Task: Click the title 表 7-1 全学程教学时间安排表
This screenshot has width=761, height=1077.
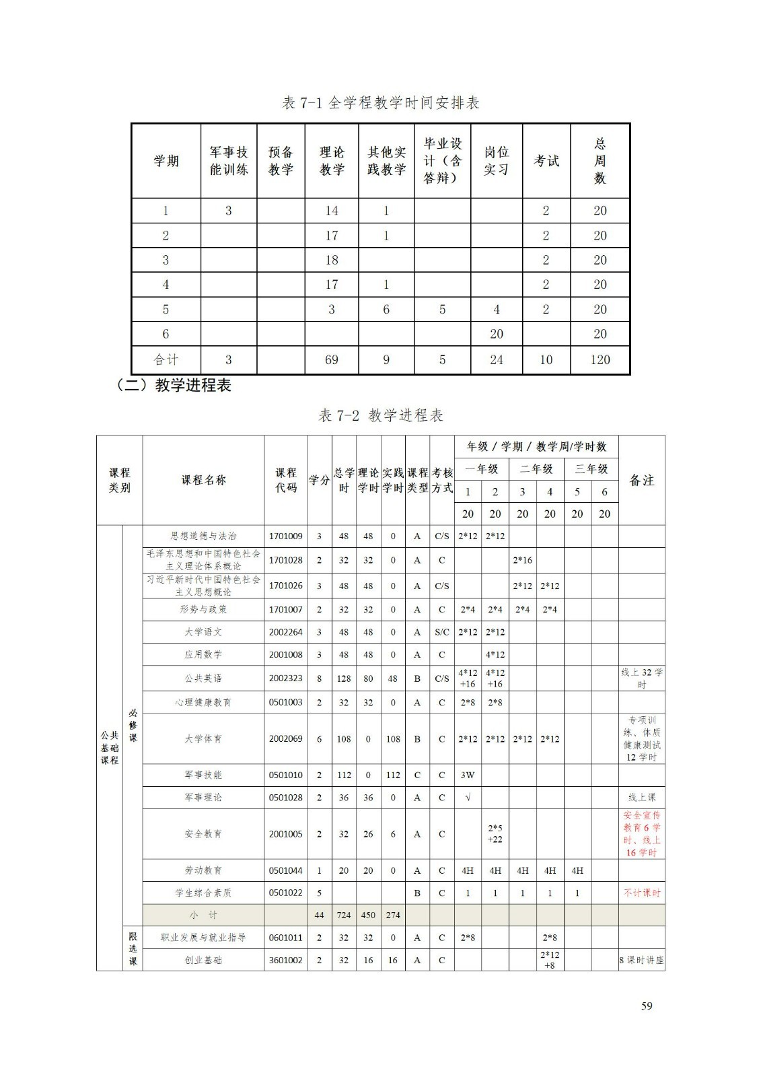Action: click(380, 103)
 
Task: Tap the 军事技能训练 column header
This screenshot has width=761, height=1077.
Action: click(229, 161)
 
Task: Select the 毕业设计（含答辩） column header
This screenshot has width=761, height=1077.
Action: click(442, 161)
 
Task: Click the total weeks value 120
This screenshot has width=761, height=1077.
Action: click(600, 359)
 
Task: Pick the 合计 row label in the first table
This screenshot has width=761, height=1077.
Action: click(166, 359)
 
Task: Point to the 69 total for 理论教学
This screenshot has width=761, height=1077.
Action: click(331, 359)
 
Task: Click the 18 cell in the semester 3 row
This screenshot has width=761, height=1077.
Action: click(331, 260)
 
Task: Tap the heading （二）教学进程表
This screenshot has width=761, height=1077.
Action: click(174, 386)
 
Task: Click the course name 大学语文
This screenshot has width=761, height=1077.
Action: click(203, 632)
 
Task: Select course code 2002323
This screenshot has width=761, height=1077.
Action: click(285, 679)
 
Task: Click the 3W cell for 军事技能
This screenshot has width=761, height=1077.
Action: click(468, 775)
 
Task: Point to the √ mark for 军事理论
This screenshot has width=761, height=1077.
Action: click(468, 798)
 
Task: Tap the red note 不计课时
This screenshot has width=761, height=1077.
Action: click(641, 893)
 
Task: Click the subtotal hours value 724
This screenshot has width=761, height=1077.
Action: click(344, 915)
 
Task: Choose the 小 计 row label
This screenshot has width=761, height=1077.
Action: click(203, 915)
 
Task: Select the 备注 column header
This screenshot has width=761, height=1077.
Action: click(641, 480)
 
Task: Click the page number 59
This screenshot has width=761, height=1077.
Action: click(647, 1006)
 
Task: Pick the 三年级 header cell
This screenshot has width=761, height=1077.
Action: click(591, 468)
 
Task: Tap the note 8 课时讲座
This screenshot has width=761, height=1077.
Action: click(641, 961)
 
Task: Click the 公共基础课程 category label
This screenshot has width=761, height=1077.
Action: click(109, 747)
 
